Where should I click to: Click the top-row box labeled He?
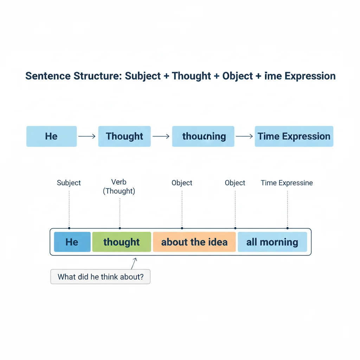coord(51,136)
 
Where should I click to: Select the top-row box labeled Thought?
coord(124,136)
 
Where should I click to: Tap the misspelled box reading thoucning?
coord(203,136)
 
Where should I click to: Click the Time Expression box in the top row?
coord(294,136)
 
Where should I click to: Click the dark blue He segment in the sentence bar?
coord(72,242)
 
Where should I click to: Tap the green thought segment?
coord(121,242)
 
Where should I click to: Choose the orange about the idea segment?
coord(194,242)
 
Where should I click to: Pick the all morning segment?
coord(272,242)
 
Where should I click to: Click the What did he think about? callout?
coord(100,277)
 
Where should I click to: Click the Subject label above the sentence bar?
coord(69,183)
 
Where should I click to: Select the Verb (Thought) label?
coord(119,187)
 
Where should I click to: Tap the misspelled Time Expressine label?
coord(287,183)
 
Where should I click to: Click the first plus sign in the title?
coord(167,76)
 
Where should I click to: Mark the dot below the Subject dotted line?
coord(69,228)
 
